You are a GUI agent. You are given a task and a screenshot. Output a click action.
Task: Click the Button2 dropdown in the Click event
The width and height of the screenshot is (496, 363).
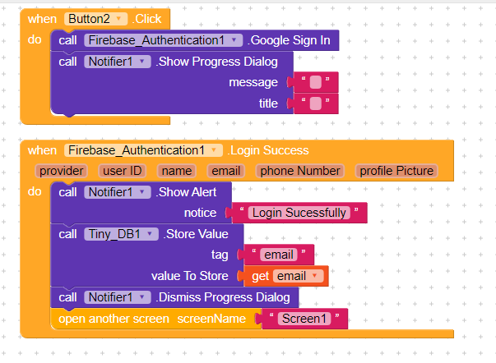tap(96, 19)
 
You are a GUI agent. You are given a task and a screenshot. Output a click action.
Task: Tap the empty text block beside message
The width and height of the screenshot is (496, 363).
tap(316, 82)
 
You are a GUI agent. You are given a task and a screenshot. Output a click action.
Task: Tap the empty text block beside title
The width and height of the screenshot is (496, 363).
tap(316, 103)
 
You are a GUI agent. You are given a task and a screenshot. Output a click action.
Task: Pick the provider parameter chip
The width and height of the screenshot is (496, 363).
tap(62, 171)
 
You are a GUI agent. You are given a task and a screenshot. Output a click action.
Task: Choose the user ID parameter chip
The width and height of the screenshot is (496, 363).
tap(122, 171)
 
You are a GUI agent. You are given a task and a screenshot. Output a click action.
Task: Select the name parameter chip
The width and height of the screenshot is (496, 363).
tap(177, 171)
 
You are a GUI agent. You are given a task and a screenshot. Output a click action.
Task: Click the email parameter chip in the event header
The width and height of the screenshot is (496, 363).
tap(226, 171)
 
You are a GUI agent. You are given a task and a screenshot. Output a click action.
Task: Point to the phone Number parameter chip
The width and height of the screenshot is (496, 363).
tap(300, 171)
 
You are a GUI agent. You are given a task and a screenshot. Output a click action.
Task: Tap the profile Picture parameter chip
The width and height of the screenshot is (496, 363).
tap(396, 171)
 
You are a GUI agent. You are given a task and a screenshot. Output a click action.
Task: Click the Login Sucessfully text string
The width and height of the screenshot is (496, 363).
tap(299, 213)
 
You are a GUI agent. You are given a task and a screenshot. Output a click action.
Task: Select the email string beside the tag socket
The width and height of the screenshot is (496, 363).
tap(279, 255)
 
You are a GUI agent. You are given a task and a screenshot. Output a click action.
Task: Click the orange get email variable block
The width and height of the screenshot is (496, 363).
tap(286, 276)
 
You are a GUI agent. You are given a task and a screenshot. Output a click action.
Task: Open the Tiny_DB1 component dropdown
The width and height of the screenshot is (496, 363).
tap(121, 234)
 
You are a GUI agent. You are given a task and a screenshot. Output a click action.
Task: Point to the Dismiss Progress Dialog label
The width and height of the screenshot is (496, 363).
tap(223, 297)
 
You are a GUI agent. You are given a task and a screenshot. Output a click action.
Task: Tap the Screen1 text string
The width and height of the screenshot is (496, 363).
tap(304, 319)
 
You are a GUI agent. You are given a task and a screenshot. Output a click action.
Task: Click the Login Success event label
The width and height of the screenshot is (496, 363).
tap(268, 150)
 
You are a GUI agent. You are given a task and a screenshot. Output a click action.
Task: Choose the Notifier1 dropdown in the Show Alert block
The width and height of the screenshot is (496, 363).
tap(118, 192)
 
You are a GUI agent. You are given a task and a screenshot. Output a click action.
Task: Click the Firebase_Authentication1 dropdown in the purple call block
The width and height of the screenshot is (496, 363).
tap(163, 40)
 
